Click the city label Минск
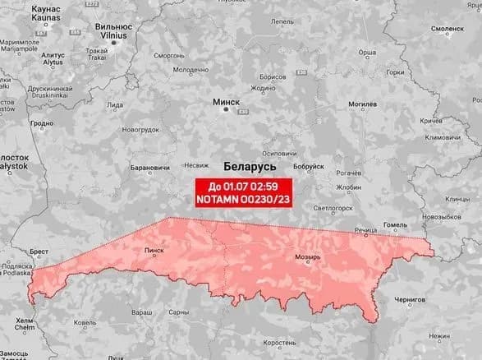click(226, 102)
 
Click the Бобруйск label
click(309, 167)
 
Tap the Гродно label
click(41, 125)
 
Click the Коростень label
click(291, 342)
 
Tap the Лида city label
click(116, 105)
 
